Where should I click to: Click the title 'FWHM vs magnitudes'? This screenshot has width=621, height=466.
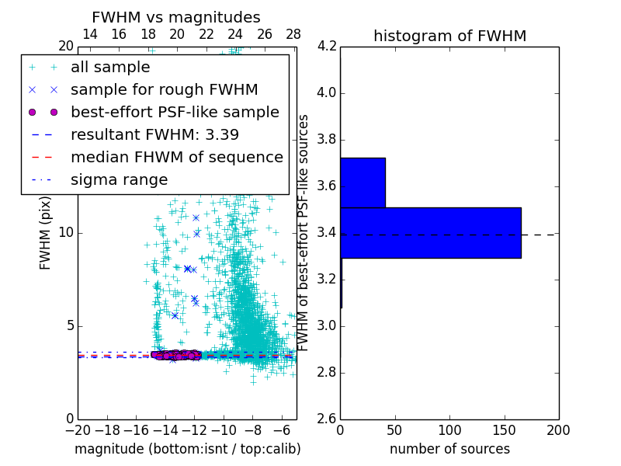pos(176,17)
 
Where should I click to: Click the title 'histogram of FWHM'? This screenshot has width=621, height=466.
pos(449,36)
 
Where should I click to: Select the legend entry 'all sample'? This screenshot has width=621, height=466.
pos(110,68)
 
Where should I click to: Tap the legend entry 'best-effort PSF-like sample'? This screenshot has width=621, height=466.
pos(175,112)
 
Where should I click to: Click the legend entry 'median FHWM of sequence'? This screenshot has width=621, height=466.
pos(176,157)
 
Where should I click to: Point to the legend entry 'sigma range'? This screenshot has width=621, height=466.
pos(119,179)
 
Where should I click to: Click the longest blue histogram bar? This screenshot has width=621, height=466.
pos(430,232)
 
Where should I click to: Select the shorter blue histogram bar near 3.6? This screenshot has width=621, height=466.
pos(363,183)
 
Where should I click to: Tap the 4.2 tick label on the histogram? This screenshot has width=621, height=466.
pos(327,47)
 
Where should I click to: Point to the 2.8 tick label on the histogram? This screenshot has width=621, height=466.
pos(327,372)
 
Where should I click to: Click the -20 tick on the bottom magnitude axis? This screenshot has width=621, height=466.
pos(78,429)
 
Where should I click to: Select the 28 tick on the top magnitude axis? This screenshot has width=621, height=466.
pos(293,34)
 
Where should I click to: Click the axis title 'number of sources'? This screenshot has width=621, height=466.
pos(449,449)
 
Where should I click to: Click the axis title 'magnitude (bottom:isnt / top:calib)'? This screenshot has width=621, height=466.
pos(187,449)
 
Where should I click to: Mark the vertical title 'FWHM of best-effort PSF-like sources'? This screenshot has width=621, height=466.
pos(304,232)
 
